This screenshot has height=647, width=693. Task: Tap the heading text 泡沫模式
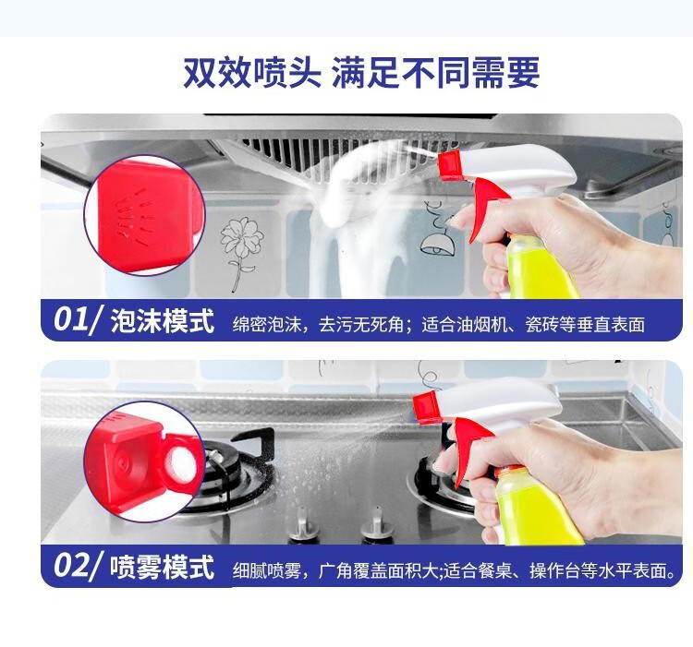163,321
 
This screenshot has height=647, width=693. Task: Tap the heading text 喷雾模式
163,567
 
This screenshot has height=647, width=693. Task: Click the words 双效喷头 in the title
252,72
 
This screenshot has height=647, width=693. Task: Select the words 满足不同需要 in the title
435,72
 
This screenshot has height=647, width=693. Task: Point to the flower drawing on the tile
241,252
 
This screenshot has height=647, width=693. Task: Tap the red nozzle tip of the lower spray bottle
427,406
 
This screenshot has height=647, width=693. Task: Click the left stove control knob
303,525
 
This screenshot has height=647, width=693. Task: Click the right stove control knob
376,524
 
